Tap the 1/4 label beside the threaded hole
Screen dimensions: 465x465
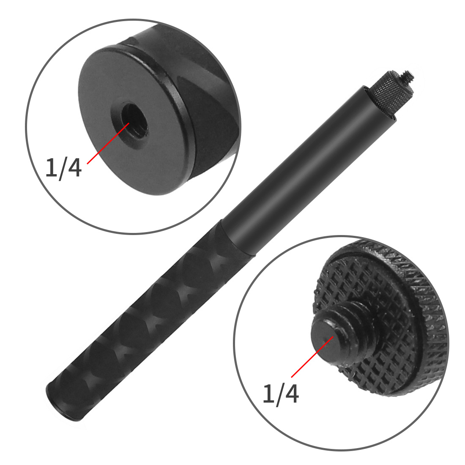[63, 168]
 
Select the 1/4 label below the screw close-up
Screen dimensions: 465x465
[281, 394]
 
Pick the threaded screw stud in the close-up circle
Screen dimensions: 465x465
[334, 338]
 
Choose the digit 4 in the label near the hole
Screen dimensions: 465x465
[74, 168]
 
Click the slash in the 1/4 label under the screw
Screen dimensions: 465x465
[279, 394]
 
